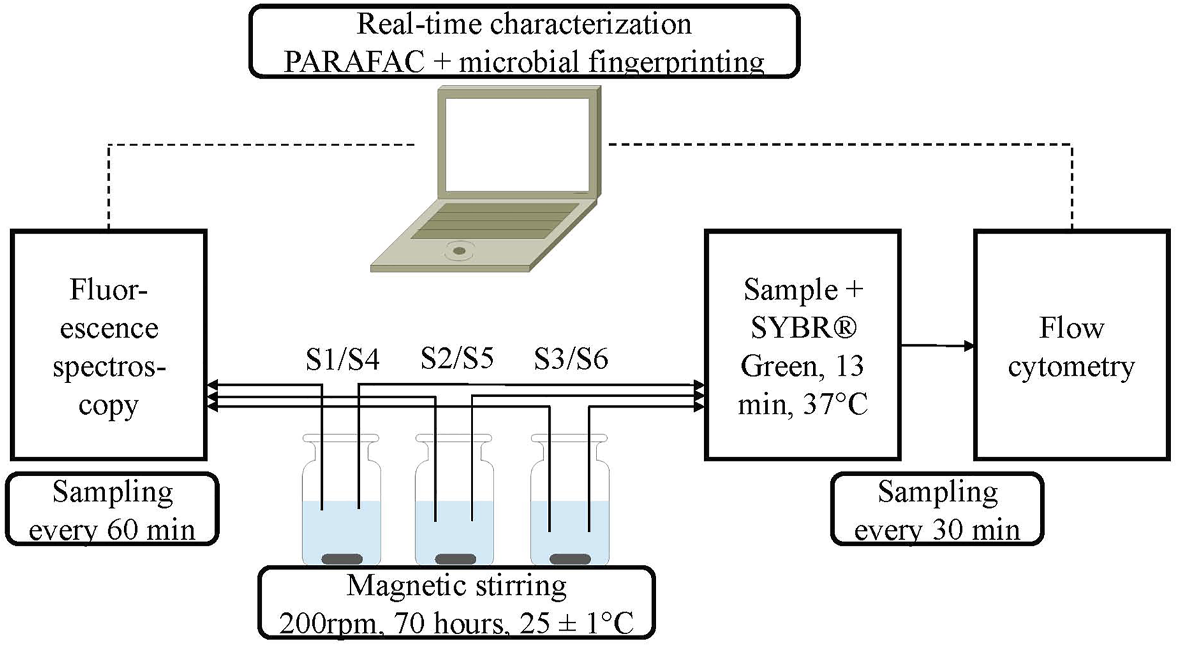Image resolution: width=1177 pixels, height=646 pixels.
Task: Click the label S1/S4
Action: (x=342, y=359)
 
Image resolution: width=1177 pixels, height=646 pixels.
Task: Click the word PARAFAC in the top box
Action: (x=354, y=62)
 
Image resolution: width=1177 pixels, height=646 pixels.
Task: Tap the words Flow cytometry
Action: (x=1071, y=347)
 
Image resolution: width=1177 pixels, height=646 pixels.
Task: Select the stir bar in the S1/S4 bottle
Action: (x=342, y=558)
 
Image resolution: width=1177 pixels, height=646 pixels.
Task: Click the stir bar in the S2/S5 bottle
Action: (x=455, y=558)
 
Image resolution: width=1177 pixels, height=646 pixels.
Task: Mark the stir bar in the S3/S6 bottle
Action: (x=571, y=558)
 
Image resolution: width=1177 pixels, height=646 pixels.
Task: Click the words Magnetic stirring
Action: (x=457, y=586)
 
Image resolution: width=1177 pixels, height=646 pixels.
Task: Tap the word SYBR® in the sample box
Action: (x=804, y=327)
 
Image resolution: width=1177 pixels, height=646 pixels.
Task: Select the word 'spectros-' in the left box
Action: (x=109, y=366)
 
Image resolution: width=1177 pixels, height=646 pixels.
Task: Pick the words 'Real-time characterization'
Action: (x=524, y=25)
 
